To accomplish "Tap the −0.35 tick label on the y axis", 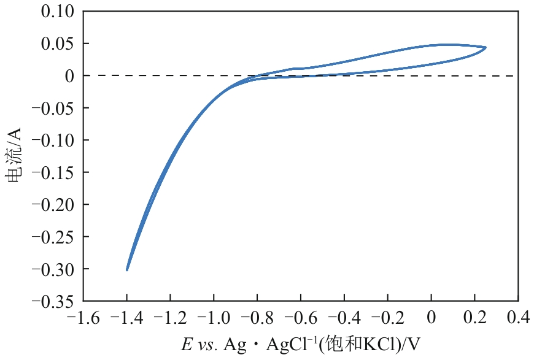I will coord(52,301).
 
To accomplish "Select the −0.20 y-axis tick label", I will coord(52,204).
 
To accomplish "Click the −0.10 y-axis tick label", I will coord(52,140).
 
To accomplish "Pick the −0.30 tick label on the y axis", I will coord(52,269).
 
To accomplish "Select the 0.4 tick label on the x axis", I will coord(519,318).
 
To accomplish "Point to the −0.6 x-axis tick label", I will coord(301,318).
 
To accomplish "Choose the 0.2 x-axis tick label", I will coord(475,318).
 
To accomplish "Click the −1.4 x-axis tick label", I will coord(127,318).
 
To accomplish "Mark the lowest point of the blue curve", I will coord(127,270).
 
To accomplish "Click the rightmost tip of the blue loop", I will coord(486,47).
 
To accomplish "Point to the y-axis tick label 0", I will coord(70,76).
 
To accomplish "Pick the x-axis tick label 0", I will coord(431,318).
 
